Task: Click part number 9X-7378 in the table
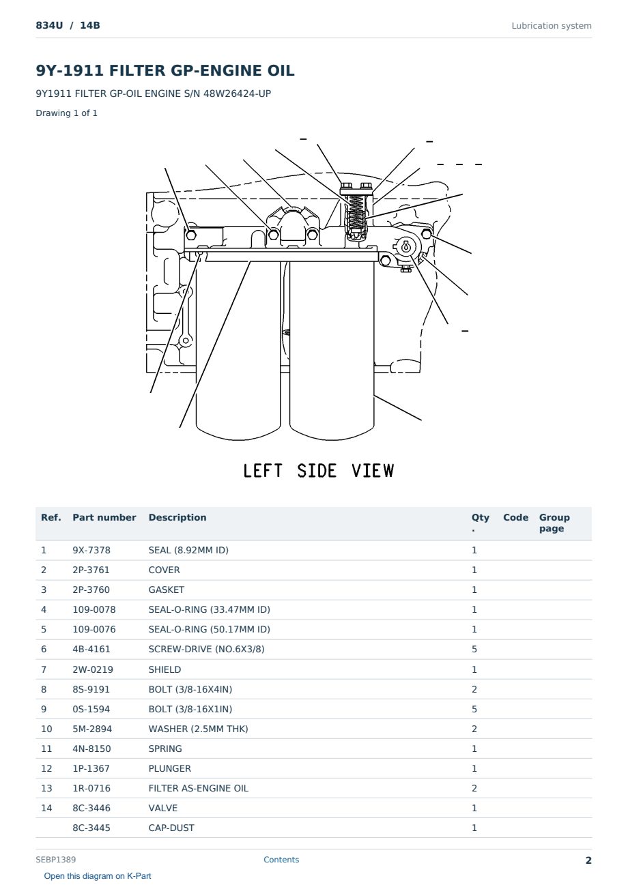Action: [x=91, y=550]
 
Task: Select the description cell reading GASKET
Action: [x=166, y=590]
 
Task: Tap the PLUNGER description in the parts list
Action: [x=169, y=768]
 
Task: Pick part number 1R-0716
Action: [x=91, y=788]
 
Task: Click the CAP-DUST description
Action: [x=171, y=828]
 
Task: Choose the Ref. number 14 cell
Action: [x=46, y=808]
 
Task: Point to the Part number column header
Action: [x=104, y=517]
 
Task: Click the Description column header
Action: [x=177, y=517]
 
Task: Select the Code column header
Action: [x=515, y=517]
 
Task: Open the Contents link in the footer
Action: [x=281, y=859]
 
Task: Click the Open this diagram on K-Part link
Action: [x=98, y=876]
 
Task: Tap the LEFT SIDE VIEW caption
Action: [x=318, y=471]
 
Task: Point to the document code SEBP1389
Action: [x=55, y=859]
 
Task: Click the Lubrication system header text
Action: [x=551, y=26]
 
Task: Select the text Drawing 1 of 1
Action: [x=66, y=113]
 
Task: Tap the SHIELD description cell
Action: [x=165, y=669]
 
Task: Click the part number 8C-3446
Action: [x=91, y=808]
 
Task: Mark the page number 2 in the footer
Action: [x=588, y=860]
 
